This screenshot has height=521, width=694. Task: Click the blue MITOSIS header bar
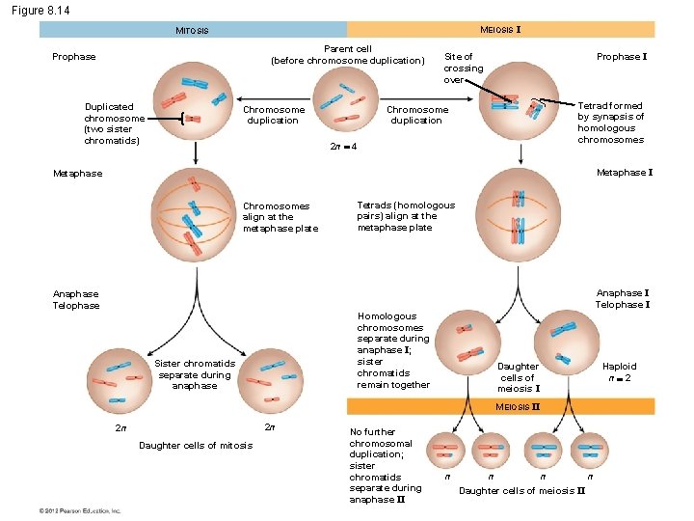coord(193,30)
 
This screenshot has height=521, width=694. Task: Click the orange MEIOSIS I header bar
coord(500,30)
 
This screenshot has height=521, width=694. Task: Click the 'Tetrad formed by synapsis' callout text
coord(610,123)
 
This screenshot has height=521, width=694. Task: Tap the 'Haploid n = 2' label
coord(619,372)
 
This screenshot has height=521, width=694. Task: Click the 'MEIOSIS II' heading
coord(518,407)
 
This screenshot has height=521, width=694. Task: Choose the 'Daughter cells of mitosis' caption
coord(196,445)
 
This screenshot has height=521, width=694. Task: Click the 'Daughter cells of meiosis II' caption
coord(521,491)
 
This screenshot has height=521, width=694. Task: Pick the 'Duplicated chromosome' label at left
coord(114,123)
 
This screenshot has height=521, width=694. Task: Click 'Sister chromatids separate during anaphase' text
coord(194,374)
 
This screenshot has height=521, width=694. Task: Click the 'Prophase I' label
coord(621,57)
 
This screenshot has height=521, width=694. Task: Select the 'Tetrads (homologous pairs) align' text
coord(406,216)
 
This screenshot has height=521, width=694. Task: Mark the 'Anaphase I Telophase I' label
coord(622,299)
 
